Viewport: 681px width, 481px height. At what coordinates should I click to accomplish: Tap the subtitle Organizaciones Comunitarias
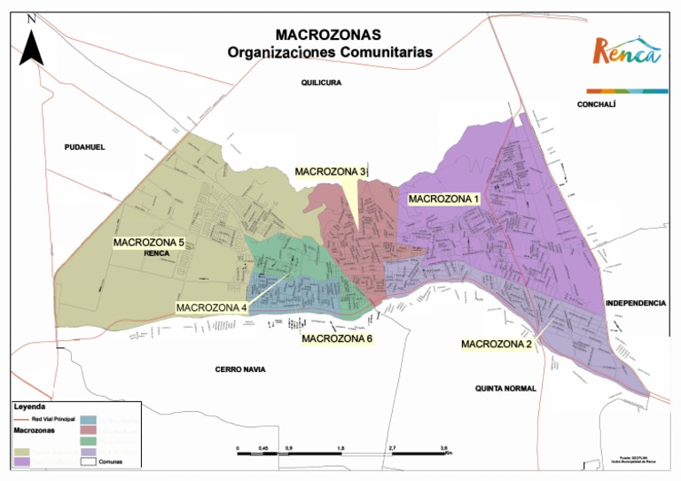coord(330,52)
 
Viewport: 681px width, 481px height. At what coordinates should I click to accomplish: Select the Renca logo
coord(627,52)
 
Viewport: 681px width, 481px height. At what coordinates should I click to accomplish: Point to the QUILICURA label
coord(321,82)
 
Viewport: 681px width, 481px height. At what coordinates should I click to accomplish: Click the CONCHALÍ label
coord(596,104)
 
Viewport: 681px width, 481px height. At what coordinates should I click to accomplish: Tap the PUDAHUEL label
coord(84,147)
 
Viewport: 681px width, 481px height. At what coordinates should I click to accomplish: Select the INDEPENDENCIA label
coord(636,303)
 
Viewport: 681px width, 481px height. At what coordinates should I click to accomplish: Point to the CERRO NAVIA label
coord(240,369)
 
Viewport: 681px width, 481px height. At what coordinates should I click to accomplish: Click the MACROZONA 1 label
coord(443,199)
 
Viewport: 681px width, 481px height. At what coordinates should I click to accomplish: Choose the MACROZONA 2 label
coord(497,344)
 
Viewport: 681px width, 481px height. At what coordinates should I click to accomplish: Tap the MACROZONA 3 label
coord(331,171)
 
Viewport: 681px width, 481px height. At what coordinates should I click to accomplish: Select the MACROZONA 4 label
coord(211,307)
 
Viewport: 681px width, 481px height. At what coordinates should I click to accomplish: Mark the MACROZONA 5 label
coord(149,242)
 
